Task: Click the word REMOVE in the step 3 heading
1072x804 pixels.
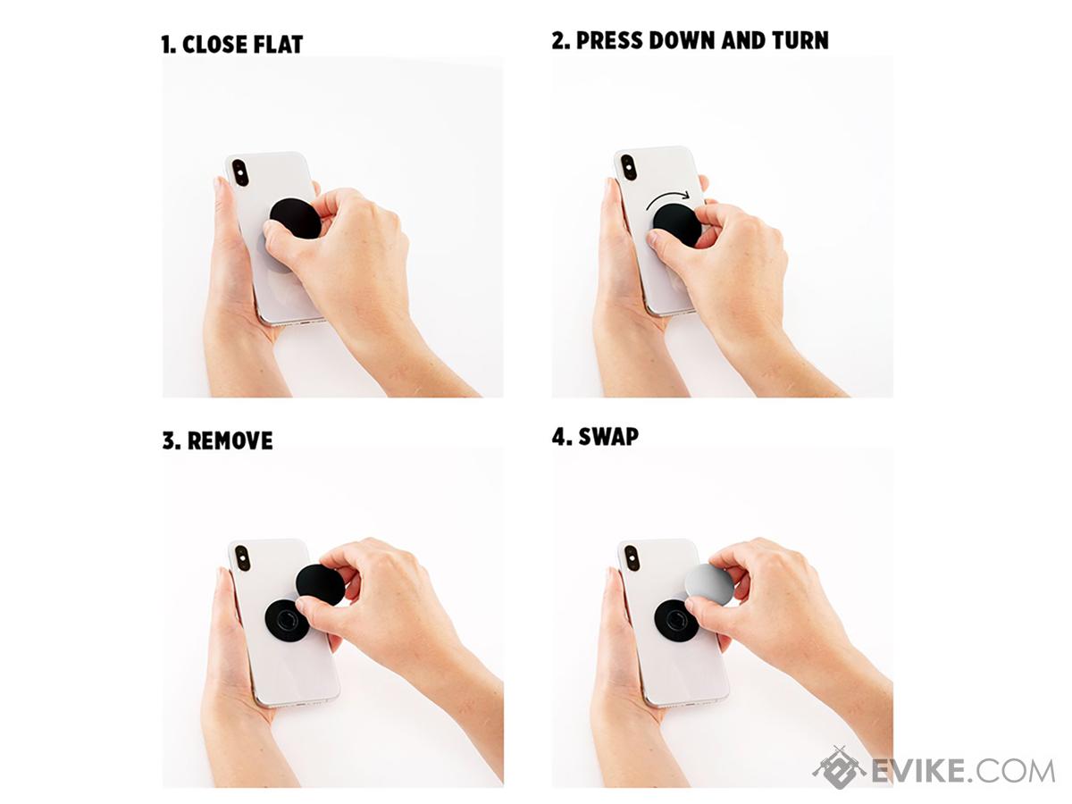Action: click(230, 440)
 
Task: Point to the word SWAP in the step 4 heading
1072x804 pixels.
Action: click(608, 437)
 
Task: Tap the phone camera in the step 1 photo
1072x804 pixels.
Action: click(239, 172)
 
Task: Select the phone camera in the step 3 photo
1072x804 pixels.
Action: click(242, 558)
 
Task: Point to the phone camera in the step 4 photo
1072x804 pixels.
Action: click(632, 558)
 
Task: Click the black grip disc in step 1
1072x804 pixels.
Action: click(295, 218)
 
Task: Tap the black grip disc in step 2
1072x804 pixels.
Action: click(676, 225)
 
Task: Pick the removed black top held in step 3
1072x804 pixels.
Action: click(320, 585)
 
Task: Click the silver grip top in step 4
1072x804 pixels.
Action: click(709, 585)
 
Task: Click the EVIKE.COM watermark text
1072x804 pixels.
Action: click(963, 772)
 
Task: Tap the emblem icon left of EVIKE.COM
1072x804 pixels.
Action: click(840, 768)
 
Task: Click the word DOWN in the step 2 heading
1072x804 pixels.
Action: click(682, 40)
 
